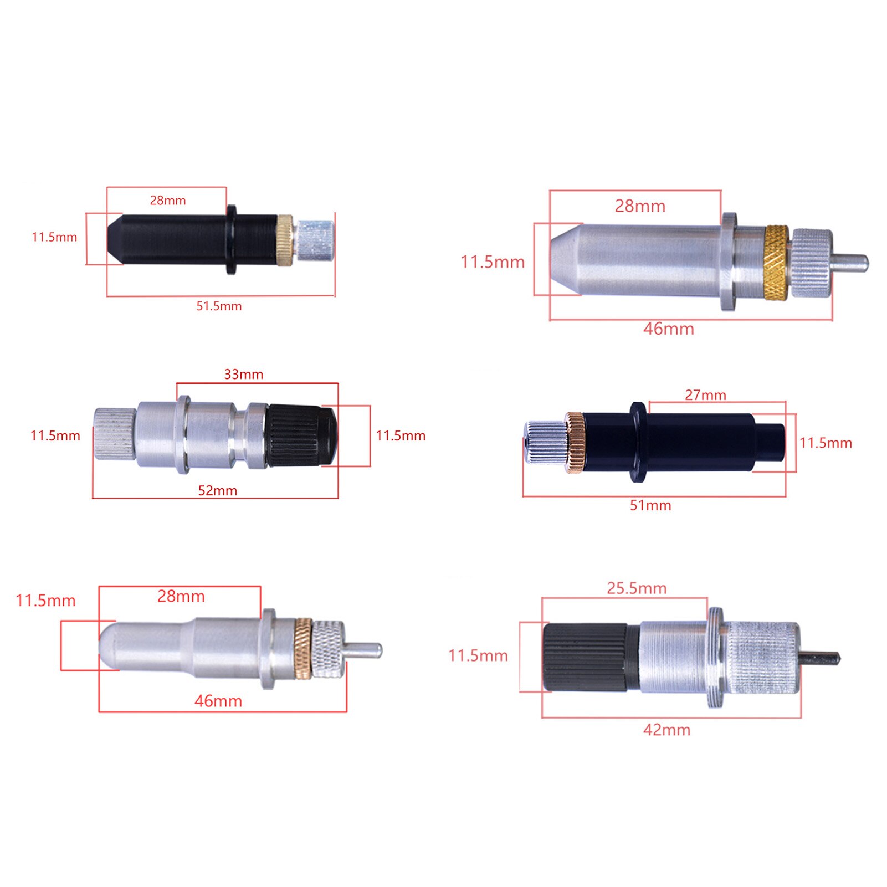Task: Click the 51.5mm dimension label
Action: tap(219, 306)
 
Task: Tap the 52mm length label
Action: tap(217, 490)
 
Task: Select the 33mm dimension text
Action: tap(243, 374)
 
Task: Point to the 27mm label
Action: tap(705, 395)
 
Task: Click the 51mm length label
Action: tap(650, 505)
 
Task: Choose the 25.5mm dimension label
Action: tap(636, 588)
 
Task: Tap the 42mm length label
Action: tap(666, 730)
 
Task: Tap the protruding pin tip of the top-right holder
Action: tap(853, 262)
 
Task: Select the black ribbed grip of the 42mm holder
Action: tap(585, 657)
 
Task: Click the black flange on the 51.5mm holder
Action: tap(230, 239)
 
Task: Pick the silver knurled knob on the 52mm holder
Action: tap(114, 434)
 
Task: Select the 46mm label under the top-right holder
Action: tap(668, 329)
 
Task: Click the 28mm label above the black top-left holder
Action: tap(167, 200)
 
